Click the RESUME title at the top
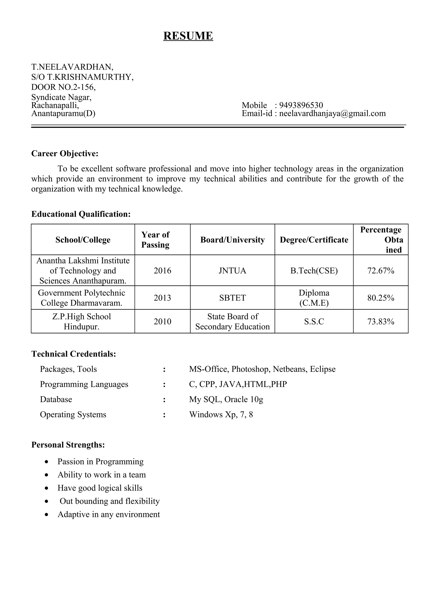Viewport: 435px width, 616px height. pos(188,36)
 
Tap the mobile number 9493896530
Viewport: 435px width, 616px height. pos(301,105)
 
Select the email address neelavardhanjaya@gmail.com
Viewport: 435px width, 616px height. pos(332,114)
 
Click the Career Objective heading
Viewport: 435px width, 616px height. pos(65,153)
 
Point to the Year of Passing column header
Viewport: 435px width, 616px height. pos(155,240)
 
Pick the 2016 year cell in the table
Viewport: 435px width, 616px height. pos(162,270)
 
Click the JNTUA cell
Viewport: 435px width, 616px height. pos(232,270)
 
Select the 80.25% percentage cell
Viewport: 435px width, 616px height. pos(381,298)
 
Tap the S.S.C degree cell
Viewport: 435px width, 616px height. pos(314,321)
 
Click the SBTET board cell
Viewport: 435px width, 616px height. pos(232,298)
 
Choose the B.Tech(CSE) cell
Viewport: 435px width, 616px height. pos(314,270)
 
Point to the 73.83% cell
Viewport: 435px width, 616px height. pos(381,321)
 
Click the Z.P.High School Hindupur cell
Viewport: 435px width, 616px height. pos(82,321)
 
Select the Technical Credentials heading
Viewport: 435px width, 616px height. pos(74,354)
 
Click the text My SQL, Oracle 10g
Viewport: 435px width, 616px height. pos(226,399)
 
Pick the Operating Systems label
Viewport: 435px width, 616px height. pos(73,414)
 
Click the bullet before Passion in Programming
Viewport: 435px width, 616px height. pos(47,462)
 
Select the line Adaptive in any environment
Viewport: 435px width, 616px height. pos(109,514)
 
